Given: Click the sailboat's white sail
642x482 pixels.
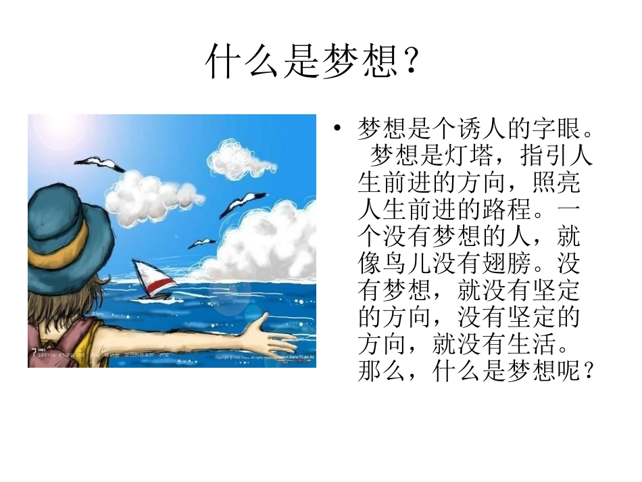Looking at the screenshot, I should pyautogui.click(x=148, y=273).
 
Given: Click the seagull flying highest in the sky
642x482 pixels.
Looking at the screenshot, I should pyautogui.click(x=99, y=164).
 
